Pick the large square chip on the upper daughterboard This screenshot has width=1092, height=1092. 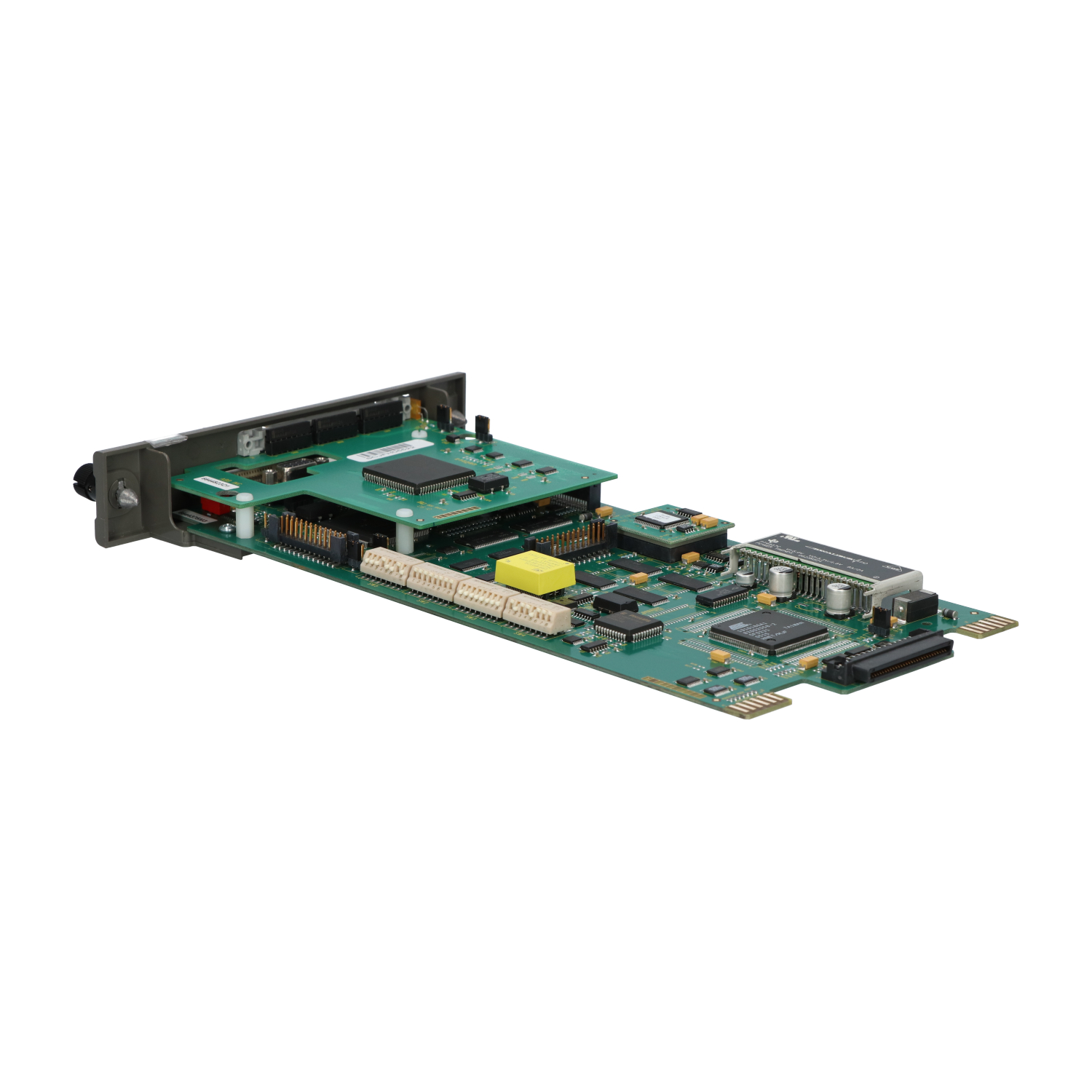[419, 474]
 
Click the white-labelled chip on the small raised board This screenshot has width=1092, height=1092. [660, 518]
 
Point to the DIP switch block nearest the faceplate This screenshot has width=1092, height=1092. [386, 564]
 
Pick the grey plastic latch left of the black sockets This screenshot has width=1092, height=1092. [250, 441]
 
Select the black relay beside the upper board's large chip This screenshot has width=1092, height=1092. [488, 481]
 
